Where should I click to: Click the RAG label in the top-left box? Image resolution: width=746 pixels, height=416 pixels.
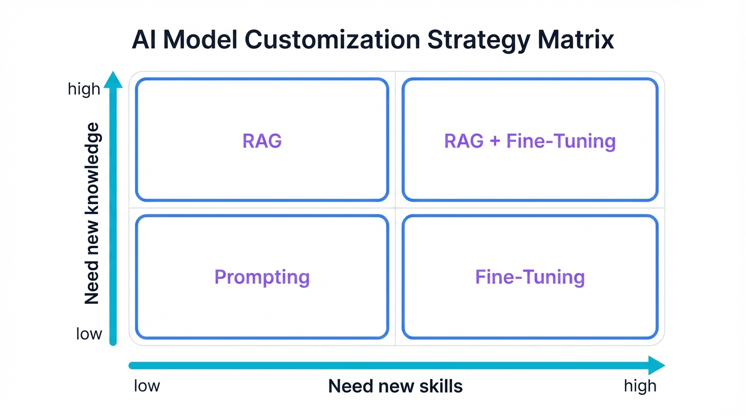(262, 141)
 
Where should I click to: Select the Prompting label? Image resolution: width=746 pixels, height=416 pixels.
(262, 277)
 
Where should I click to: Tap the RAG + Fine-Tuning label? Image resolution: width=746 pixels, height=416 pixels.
(530, 141)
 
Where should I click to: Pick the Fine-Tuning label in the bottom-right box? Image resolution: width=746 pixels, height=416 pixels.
(530, 277)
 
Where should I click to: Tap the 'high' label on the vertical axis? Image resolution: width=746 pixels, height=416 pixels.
(84, 89)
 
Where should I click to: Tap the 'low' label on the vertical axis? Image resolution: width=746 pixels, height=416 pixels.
(89, 333)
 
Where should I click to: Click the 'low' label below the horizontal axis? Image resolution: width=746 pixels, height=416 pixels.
(147, 386)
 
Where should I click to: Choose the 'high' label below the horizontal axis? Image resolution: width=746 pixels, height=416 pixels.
(640, 386)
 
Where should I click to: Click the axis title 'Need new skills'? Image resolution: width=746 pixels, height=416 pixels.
(395, 386)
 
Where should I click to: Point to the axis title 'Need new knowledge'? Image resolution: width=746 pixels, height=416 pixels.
(92, 213)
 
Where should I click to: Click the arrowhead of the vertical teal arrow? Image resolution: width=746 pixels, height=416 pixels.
(113, 79)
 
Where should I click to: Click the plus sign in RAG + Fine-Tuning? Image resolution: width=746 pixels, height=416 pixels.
(494, 141)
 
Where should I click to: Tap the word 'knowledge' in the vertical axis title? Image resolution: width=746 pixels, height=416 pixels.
(92, 165)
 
